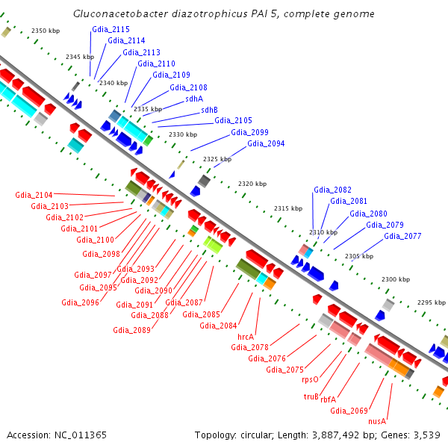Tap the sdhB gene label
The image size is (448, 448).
tap(209, 110)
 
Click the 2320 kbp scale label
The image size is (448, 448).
tap(252, 184)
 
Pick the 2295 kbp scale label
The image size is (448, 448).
tap(430, 302)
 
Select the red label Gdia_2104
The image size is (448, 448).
tap(34, 195)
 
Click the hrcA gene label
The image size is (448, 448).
tap(246, 337)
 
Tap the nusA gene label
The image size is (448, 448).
tap(377, 421)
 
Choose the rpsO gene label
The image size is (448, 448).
tap(310, 379)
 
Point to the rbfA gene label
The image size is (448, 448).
tap(329, 399)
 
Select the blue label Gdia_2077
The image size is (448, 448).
tap(402, 236)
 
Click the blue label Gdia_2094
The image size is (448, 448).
tap(266, 143)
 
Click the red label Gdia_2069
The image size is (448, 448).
tap(349, 410)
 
